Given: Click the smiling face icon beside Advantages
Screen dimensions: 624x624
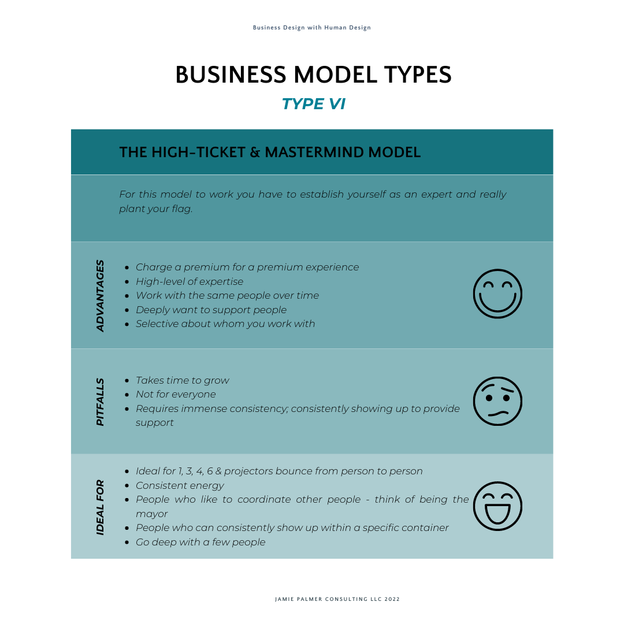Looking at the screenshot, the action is click(497, 294).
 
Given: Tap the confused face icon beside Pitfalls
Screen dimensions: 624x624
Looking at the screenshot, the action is click(497, 401).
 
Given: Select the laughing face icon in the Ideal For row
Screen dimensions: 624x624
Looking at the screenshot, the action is click(497, 506).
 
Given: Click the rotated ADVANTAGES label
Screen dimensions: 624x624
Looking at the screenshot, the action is click(100, 296).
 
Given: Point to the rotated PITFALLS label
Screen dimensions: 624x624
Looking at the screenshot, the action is click(100, 402).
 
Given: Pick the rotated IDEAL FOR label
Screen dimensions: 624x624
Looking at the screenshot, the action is click(100, 507).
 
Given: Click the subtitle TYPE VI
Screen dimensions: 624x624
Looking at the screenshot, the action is click(314, 104).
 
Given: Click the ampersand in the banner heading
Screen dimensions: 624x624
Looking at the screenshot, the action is click(255, 153).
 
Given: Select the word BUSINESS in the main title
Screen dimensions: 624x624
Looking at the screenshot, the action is click(231, 75).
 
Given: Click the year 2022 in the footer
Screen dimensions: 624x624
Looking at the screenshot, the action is click(392, 599).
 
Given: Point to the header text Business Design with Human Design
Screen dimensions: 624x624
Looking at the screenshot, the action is click(312, 28).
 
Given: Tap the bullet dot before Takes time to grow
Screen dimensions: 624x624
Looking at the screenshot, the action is click(127, 381).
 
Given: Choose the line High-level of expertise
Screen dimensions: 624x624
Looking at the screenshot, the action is click(190, 281).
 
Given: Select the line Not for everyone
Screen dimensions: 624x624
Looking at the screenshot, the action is click(176, 395).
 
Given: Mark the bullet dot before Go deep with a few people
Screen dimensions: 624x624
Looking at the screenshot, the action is click(127, 543).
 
